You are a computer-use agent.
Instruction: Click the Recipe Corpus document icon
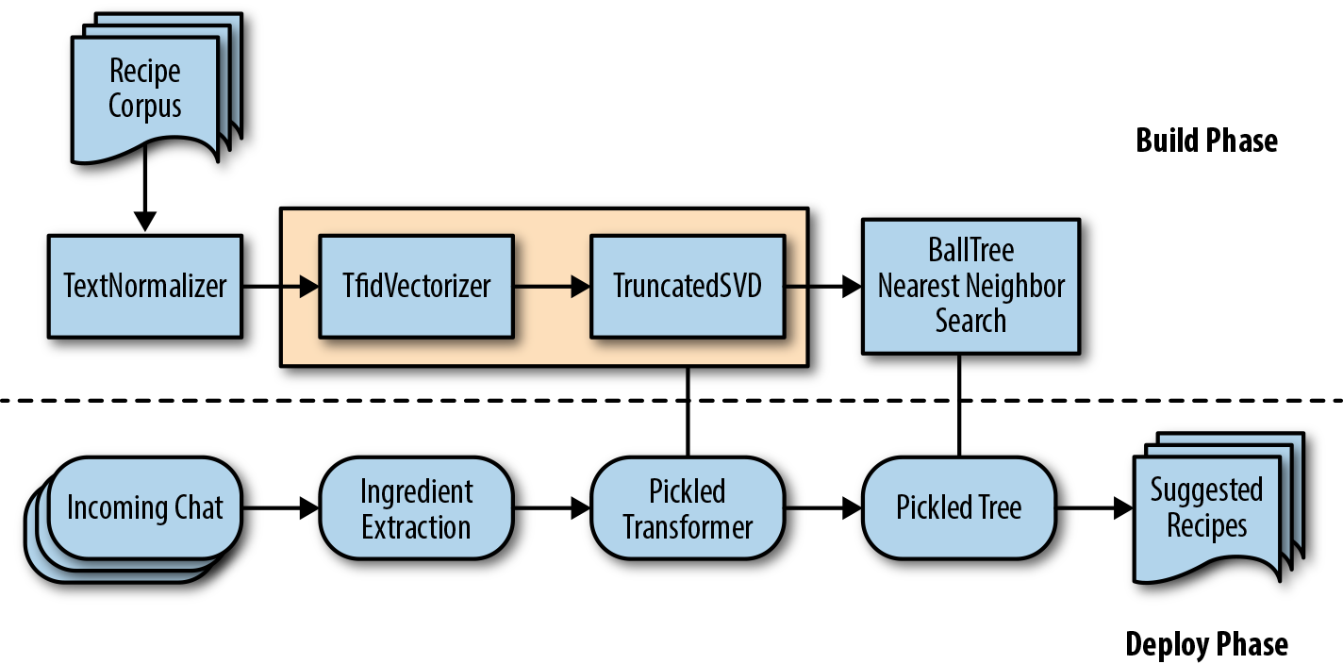pyautogui.click(x=145, y=89)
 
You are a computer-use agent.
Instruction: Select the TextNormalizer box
pyautogui.click(x=145, y=286)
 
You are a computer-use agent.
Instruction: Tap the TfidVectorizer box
pyautogui.click(x=416, y=286)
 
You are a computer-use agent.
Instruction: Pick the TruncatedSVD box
pyautogui.click(x=688, y=286)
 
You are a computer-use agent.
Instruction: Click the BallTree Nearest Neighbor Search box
pyautogui.click(x=970, y=286)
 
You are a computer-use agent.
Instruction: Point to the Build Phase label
pyautogui.click(x=1206, y=141)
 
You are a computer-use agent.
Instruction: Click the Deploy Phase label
pyautogui.click(x=1206, y=644)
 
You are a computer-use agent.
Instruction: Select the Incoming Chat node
pyautogui.click(x=144, y=508)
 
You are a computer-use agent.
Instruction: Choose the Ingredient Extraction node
pyautogui.click(x=416, y=508)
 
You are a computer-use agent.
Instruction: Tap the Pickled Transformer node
pyautogui.click(x=688, y=508)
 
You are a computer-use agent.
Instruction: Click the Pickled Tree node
pyautogui.click(x=958, y=508)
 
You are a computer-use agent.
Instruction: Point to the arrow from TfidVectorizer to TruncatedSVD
pyautogui.click(x=552, y=287)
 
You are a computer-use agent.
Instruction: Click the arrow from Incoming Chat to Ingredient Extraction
pyautogui.click(x=280, y=508)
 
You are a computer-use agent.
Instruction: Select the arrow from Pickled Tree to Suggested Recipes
pyautogui.click(x=1094, y=508)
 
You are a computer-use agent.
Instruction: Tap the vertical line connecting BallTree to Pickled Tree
pyautogui.click(x=959, y=406)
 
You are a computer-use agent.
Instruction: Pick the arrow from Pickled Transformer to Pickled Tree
pyautogui.click(x=823, y=508)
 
